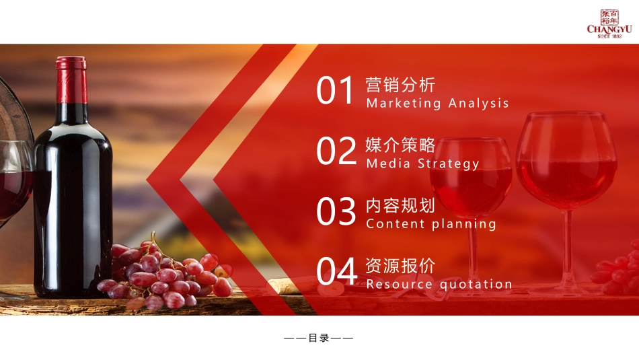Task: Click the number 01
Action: [x=335, y=92]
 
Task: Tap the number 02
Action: [x=336, y=152]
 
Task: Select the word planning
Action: [x=463, y=224]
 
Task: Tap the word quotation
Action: [x=476, y=285]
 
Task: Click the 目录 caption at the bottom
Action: [x=319, y=338]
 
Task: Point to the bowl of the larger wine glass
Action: [x=566, y=161]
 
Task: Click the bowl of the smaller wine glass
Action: [x=471, y=178]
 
